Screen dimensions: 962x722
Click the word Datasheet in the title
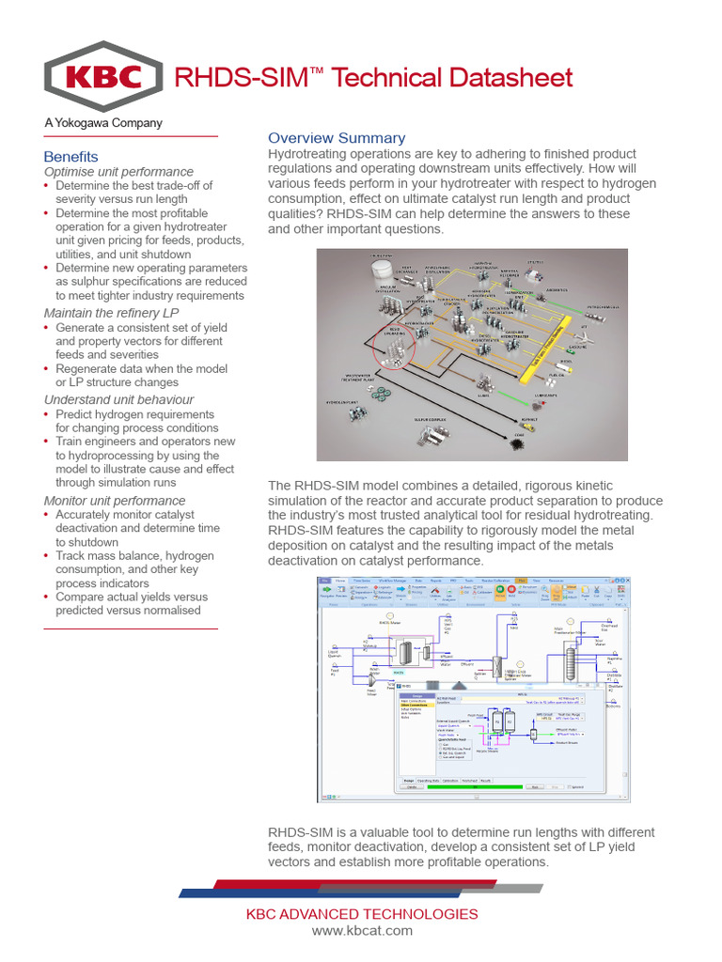pyautogui.click(x=512, y=77)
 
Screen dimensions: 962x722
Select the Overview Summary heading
pyautogui.click(x=337, y=138)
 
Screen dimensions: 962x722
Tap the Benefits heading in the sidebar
pyautogui.click(x=71, y=156)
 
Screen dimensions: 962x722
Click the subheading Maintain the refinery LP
pyautogui.click(x=111, y=312)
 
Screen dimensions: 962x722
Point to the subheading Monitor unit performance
pyautogui.click(x=115, y=501)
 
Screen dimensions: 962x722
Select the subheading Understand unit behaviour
pyautogui.click(x=118, y=399)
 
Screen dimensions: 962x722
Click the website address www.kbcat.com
pyautogui.click(x=362, y=930)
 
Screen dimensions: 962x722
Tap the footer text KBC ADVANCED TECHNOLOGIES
pyautogui.click(x=362, y=914)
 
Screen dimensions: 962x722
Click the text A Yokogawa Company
pyautogui.click(x=103, y=123)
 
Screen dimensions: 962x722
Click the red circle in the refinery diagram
pyautogui.click(x=395, y=343)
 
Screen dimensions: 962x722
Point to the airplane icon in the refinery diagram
pyautogui.click(x=585, y=334)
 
